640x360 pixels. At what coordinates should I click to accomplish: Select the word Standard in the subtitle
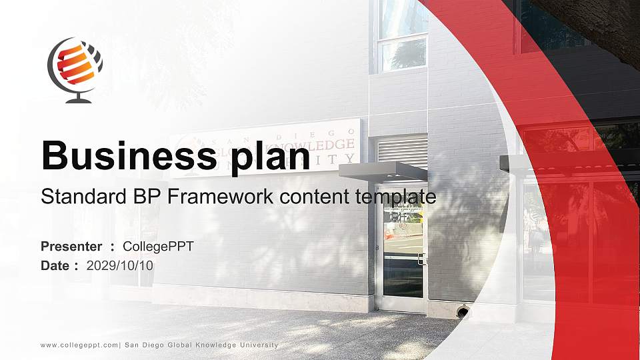[79, 197]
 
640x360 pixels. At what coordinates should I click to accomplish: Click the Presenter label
[71, 247]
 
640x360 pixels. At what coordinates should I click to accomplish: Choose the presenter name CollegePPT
[159, 247]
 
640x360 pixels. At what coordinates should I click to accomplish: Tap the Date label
[56, 265]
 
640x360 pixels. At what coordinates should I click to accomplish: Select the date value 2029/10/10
[120, 265]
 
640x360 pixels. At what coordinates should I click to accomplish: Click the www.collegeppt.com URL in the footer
[79, 345]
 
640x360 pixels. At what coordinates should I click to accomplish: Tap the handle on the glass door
[421, 259]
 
